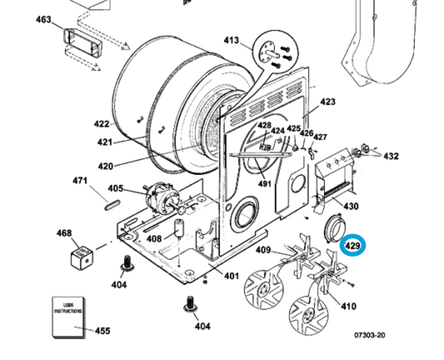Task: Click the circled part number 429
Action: click(x=352, y=247)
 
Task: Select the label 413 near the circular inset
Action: click(x=231, y=40)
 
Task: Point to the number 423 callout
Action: click(x=327, y=102)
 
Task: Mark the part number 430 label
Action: click(x=351, y=207)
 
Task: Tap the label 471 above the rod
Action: click(x=81, y=181)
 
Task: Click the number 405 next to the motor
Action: click(x=116, y=189)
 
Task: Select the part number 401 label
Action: click(x=231, y=276)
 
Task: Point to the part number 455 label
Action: click(x=102, y=331)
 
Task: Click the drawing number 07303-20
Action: click(x=369, y=335)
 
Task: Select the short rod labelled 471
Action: click(x=112, y=201)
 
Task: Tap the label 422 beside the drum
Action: click(x=101, y=124)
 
